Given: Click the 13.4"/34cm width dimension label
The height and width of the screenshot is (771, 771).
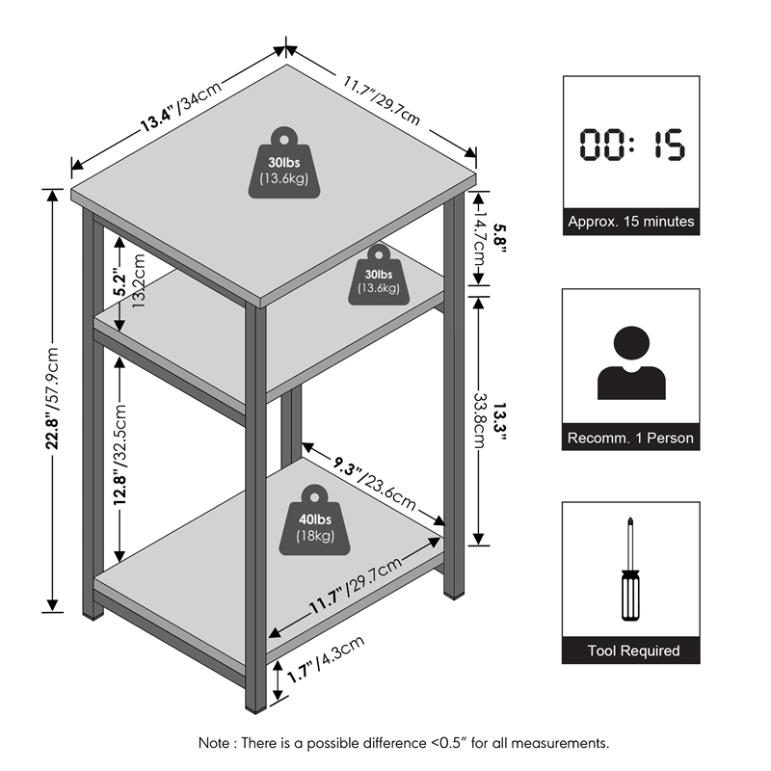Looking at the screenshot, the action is pyautogui.click(x=181, y=107).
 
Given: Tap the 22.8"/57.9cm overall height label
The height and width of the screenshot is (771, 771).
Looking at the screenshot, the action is pyautogui.click(x=52, y=399).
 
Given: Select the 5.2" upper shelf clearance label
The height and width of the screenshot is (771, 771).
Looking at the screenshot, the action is pyautogui.click(x=120, y=281).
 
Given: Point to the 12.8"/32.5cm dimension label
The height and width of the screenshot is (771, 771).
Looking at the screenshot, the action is pyautogui.click(x=120, y=454).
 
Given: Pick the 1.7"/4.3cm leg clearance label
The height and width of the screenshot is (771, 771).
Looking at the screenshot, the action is pyautogui.click(x=326, y=659).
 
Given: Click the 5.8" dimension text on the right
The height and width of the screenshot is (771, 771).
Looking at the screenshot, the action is pyautogui.click(x=499, y=238).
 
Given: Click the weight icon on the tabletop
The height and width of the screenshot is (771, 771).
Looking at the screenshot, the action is pyautogui.click(x=284, y=163).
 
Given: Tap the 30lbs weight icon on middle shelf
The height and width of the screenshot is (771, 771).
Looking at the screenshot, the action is pyautogui.click(x=379, y=276).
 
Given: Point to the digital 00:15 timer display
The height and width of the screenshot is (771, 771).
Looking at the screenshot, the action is pyautogui.click(x=631, y=144).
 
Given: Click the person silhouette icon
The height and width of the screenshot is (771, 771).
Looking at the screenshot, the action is pyautogui.click(x=631, y=363).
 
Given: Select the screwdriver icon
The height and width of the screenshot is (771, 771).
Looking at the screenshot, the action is pyautogui.click(x=630, y=569).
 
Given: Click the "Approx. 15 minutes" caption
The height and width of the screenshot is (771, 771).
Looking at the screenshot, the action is pyautogui.click(x=631, y=222).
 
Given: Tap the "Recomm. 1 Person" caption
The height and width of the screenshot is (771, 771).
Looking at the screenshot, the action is pyautogui.click(x=631, y=438).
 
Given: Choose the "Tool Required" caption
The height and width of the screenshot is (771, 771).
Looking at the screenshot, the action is pyautogui.click(x=634, y=651).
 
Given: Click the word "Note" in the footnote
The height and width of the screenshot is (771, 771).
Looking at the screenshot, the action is pyautogui.click(x=214, y=742).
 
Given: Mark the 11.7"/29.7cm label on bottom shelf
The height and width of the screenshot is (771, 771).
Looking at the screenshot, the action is pyautogui.click(x=356, y=586).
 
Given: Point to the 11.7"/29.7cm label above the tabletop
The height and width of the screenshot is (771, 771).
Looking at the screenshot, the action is pyautogui.click(x=382, y=100).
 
